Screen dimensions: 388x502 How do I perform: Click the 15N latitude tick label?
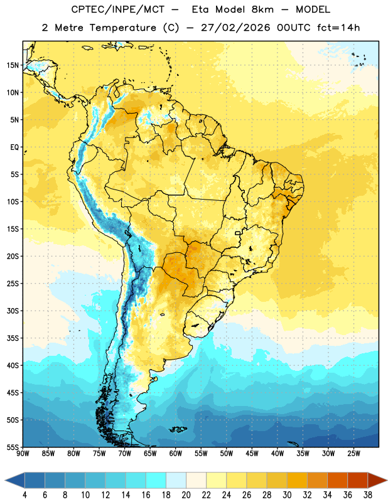13,65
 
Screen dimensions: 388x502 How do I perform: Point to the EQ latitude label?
14,147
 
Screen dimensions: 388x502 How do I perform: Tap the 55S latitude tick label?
13,447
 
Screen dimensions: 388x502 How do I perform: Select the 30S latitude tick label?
13,311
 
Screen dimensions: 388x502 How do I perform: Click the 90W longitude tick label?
23,454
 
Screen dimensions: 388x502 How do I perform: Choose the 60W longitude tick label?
176,454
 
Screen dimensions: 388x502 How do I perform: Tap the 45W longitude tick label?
252,454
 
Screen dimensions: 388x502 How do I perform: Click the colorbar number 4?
24,495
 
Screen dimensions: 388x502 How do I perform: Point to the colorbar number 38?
368,495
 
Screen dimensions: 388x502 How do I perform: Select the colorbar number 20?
186,495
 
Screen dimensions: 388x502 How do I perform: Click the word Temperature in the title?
122,28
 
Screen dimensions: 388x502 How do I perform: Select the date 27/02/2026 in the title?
235,28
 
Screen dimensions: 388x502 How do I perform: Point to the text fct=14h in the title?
338,28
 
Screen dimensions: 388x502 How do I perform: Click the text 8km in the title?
262,9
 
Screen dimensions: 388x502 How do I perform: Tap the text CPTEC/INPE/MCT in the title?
118,9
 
